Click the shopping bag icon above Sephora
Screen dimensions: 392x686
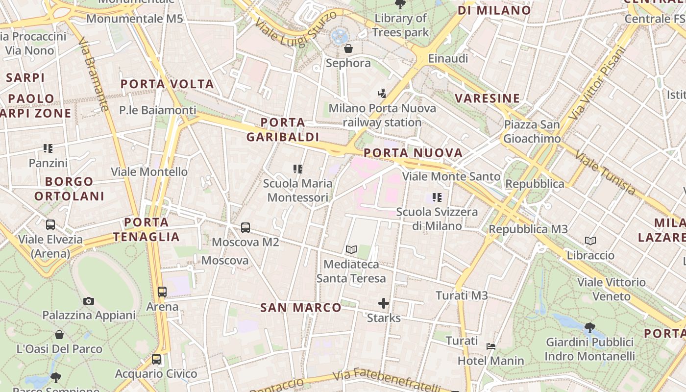click(348, 49)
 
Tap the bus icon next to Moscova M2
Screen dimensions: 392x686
click(245, 228)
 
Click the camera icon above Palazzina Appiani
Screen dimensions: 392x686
click(89, 301)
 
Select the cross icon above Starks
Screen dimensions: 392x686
click(384, 304)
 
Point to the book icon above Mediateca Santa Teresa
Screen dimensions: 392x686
click(351, 250)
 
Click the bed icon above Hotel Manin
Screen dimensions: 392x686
click(491, 346)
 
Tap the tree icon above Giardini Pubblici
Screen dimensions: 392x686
click(590, 327)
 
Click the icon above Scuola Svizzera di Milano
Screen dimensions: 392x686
click(437, 197)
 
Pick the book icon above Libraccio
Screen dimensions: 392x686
click(590, 241)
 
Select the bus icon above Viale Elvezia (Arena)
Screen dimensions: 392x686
click(50, 225)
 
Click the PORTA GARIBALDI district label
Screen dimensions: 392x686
click(283, 130)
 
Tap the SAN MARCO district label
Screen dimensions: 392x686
click(301, 308)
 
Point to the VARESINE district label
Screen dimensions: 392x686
click(488, 98)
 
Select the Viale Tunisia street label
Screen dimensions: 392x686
click(605, 172)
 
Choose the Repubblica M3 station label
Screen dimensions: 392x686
click(528, 229)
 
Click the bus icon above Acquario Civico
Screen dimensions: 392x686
click(156, 359)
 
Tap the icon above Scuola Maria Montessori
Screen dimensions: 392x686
click(298, 169)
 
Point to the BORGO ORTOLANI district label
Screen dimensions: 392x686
click(69, 189)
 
